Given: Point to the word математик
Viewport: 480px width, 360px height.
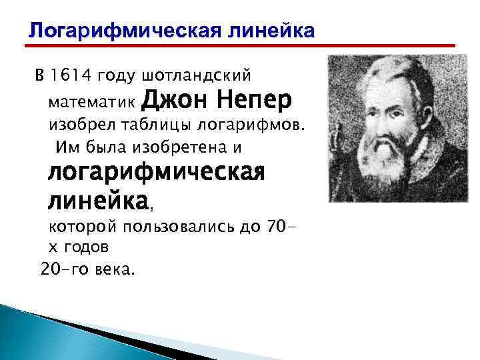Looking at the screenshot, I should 91,105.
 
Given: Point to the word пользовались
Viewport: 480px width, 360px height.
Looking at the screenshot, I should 173,227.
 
